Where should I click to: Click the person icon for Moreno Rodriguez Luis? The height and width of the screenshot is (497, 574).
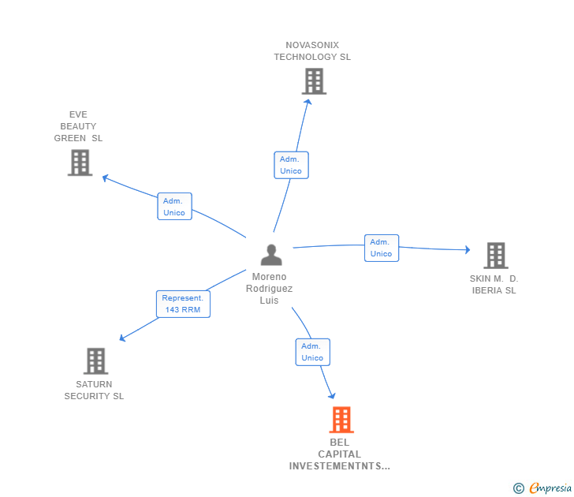click(x=271, y=255)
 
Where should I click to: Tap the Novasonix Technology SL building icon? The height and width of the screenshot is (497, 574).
click(x=314, y=81)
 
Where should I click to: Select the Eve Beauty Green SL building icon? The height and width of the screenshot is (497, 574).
click(x=80, y=163)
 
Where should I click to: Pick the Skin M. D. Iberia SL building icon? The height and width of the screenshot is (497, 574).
click(x=495, y=256)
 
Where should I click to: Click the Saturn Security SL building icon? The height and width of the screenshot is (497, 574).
click(x=95, y=361)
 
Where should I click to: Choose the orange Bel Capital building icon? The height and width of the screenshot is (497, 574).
click(x=341, y=420)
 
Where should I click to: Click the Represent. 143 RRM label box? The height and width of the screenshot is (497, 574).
click(x=183, y=304)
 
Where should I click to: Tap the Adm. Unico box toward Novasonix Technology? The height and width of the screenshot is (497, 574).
click(x=291, y=165)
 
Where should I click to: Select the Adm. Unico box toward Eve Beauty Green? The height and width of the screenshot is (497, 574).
click(x=174, y=207)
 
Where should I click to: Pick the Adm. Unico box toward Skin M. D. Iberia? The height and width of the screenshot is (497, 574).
click(x=381, y=248)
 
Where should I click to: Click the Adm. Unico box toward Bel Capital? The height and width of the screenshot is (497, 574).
click(x=312, y=352)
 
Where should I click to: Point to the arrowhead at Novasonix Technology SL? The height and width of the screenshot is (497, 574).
click(x=307, y=103)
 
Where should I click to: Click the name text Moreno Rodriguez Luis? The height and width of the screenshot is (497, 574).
click(x=269, y=289)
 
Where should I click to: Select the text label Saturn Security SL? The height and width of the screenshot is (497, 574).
click(x=94, y=390)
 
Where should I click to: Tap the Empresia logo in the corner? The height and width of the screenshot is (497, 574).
click(x=550, y=488)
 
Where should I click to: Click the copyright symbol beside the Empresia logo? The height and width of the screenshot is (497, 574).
click(x=518, y=488)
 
